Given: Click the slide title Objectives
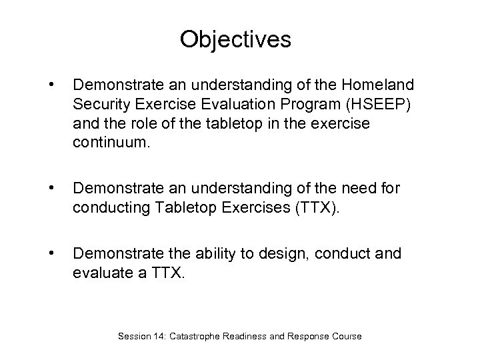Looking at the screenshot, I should [x=235, y=40].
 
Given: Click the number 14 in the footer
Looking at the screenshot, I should [x=159, y=337].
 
